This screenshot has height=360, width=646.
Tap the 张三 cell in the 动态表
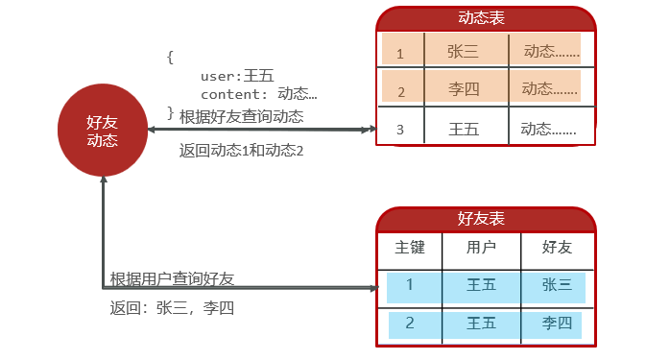(463, 52)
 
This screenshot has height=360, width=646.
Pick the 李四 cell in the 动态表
(463, 89)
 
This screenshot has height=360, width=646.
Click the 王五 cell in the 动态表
(464, 128)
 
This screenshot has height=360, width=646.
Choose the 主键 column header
(410, 248)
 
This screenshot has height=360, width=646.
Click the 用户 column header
(481, 248)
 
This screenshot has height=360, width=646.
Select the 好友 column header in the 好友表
(557, 248)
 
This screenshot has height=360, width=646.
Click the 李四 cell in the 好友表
(557, 323)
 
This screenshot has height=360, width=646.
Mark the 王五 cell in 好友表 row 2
(481, 323)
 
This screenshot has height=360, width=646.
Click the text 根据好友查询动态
(241, 117)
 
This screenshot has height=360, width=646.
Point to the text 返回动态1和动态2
(241, 150)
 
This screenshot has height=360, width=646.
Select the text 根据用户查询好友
(172, 278)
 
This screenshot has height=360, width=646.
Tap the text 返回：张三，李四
(172, 308)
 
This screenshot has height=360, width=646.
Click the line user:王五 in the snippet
(237, 76)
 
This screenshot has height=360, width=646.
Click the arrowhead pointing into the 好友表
(373, 287)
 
